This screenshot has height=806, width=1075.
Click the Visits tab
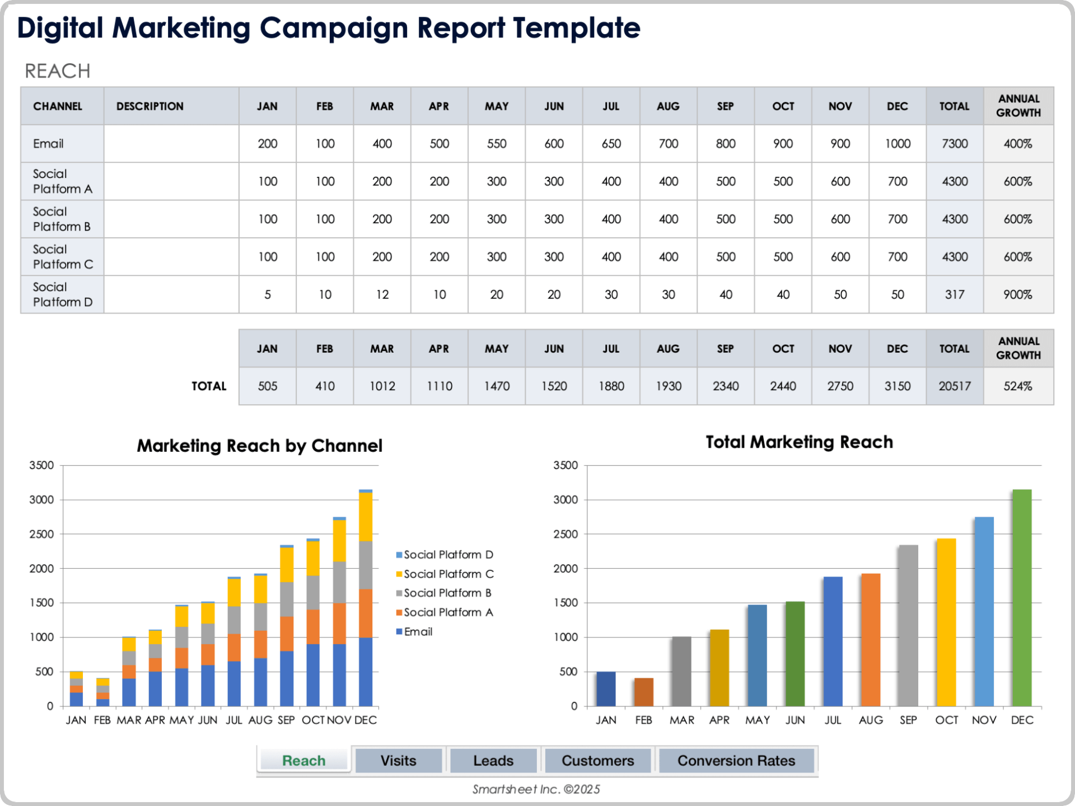point(398,761)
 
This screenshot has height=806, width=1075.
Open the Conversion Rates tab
point(736,761)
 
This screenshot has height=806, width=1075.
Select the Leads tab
point(493,761)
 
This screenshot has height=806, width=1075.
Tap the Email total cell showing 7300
point(954,144)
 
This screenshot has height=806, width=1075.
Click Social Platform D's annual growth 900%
point(1017,294)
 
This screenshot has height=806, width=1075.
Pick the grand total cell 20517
point(954,386)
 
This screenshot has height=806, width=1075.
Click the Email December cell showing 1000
point(897,144)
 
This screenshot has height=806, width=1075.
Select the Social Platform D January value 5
point(268,294)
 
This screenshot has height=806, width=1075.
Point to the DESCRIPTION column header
point(149,106)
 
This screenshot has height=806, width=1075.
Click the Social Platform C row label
point(62,257)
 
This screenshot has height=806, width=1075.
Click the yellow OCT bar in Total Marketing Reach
point(946,622)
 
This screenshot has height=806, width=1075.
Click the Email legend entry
point(418,631)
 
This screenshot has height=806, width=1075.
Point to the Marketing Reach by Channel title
point(259,446)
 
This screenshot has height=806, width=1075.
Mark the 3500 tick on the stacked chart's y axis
point(41,465)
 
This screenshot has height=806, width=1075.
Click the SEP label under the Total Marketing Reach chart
point(908,720)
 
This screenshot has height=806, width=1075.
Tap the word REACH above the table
point(57,71)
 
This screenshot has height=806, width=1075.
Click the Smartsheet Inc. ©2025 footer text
point(536,789)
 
